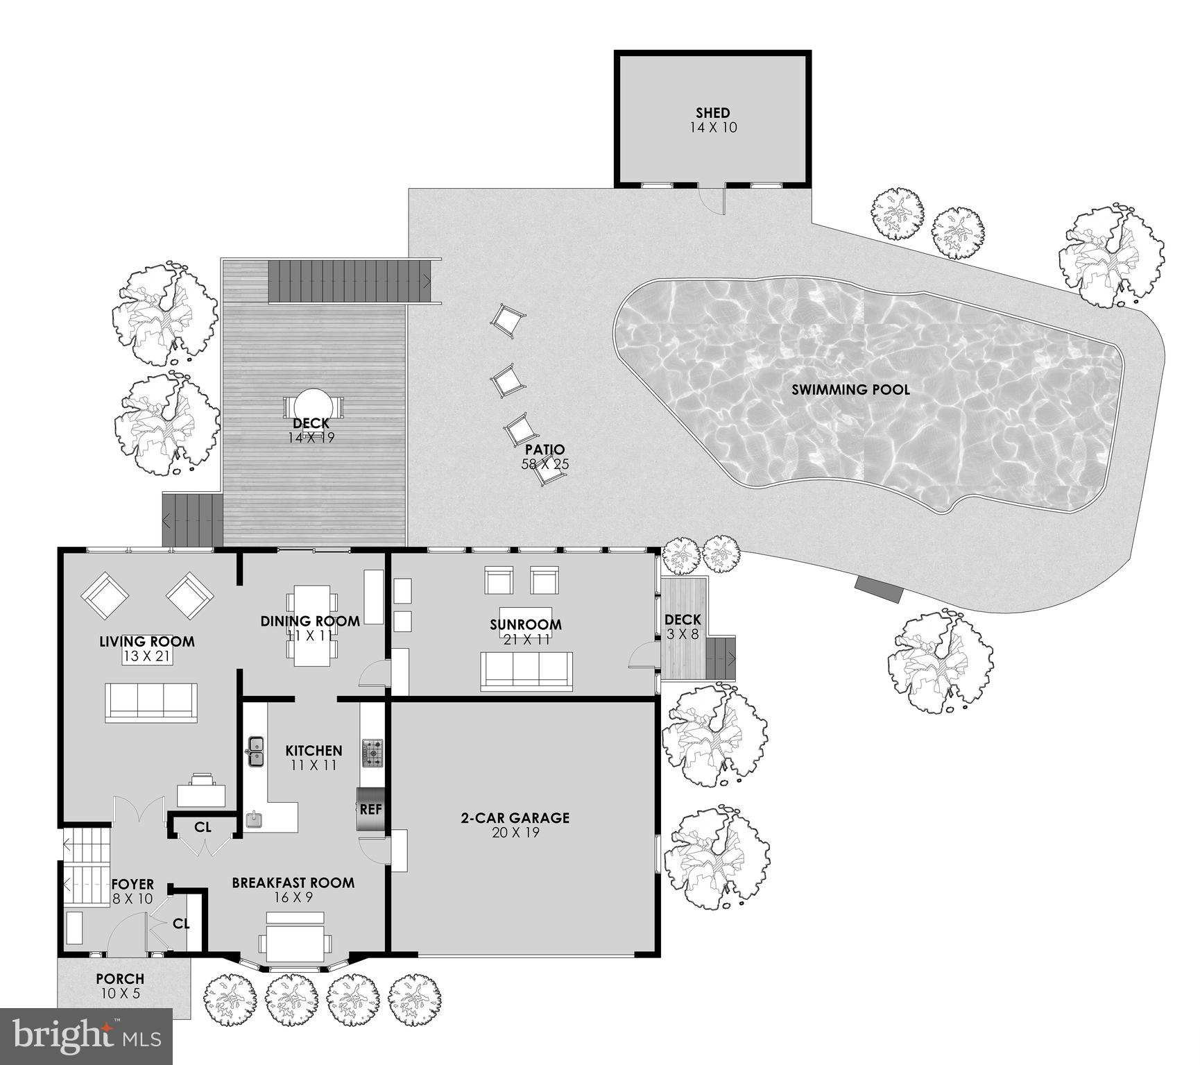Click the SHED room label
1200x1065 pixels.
coord(712,112)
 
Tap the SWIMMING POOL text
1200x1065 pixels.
coord(850,389)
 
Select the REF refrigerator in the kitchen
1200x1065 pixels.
coord(370,809)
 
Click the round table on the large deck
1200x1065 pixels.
coord(313,404)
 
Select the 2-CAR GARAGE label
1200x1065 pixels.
coord(515,817)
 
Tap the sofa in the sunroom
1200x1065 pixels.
coord(526,671)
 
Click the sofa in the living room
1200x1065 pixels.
coord(151,702)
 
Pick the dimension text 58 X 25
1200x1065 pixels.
coord(545,464)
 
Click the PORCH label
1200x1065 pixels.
coord(120,978)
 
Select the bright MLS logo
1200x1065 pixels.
coord(86,1037)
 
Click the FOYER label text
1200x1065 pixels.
coord(132,885)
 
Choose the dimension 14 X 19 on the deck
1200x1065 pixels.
coord(311,438)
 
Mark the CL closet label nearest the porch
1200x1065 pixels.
coord(181,924)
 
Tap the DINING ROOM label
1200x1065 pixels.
coord(310,621)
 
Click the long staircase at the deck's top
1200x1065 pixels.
coord(350,281)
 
